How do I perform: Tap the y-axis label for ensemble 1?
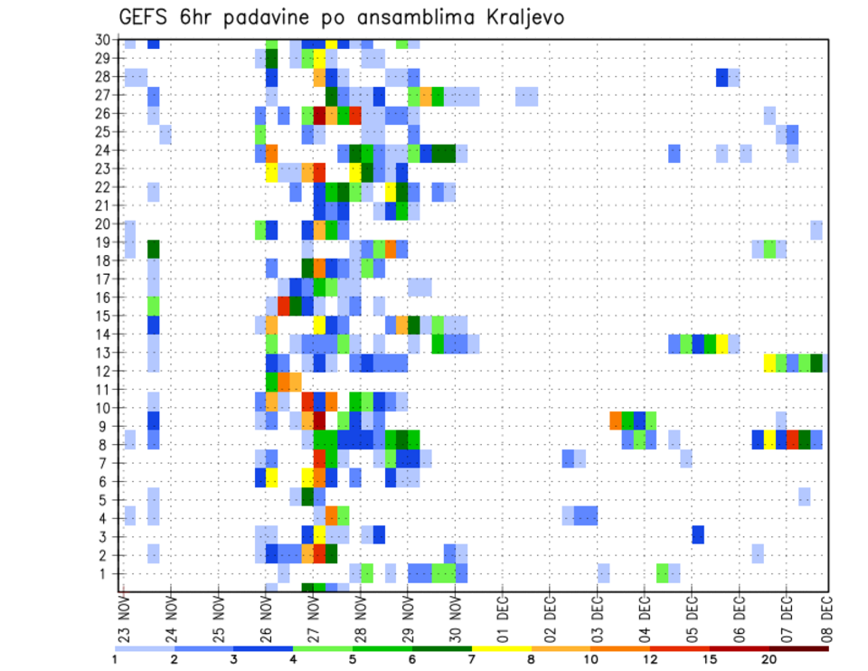click(x=105, y=573)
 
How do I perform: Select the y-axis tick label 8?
click(x=105, y=445)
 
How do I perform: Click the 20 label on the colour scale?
click(x=769, y=659)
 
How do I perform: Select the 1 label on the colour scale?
click(x=115, y=659)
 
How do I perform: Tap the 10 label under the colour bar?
click(x=590, y=659)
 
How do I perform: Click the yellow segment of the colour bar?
click(x=502, y=647)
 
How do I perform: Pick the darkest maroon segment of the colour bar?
click(x=799, y=647)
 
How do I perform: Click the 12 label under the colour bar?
click(x=650, y=659)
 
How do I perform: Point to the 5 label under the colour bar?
click(x=353, y=659)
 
